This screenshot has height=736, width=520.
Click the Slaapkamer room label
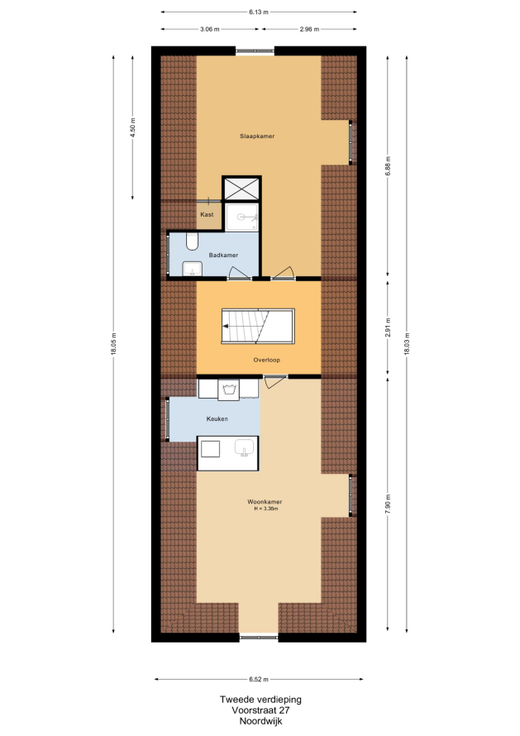(x=257, y=136)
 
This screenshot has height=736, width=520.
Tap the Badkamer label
(x=223, y=255)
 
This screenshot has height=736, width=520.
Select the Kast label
(x=207, y=214)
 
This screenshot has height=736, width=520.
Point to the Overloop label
(x=266, y=360)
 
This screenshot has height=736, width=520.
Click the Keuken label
(x=217, y=418)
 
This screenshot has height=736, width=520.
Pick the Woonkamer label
(x=265, y=502)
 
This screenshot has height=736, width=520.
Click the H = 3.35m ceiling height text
(x=266, y=509)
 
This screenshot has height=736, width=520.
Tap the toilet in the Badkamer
(x=192, y=241)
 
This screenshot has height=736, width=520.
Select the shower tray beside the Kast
(x=241, y=217)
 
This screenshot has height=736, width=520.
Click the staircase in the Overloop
(x=258, y=326)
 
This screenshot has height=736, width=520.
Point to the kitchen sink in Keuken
(x=244, y=447)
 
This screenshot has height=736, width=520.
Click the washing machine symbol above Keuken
(x=228, y=390)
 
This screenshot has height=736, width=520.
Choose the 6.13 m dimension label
(x=259, y=12)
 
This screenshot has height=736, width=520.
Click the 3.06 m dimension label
(x=210, y=29)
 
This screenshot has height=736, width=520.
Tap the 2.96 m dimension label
(x=309, y=29)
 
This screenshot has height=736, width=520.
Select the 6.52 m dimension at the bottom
(x=259, y=679)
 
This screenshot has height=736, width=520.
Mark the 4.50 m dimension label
(x=133, y=127)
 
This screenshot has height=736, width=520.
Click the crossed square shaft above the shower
(x=241, y=189)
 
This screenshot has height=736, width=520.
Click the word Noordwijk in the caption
(x=261, y=721)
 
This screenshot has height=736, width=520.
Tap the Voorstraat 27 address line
(x=261, y=710)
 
